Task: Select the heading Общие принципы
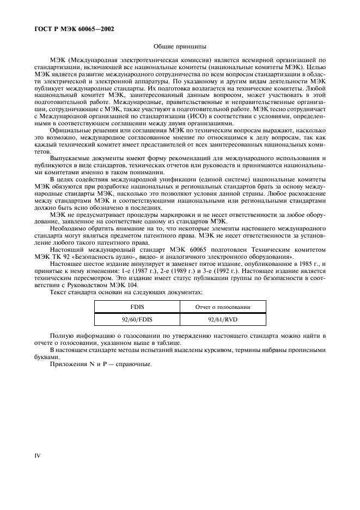tap(180, 47)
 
